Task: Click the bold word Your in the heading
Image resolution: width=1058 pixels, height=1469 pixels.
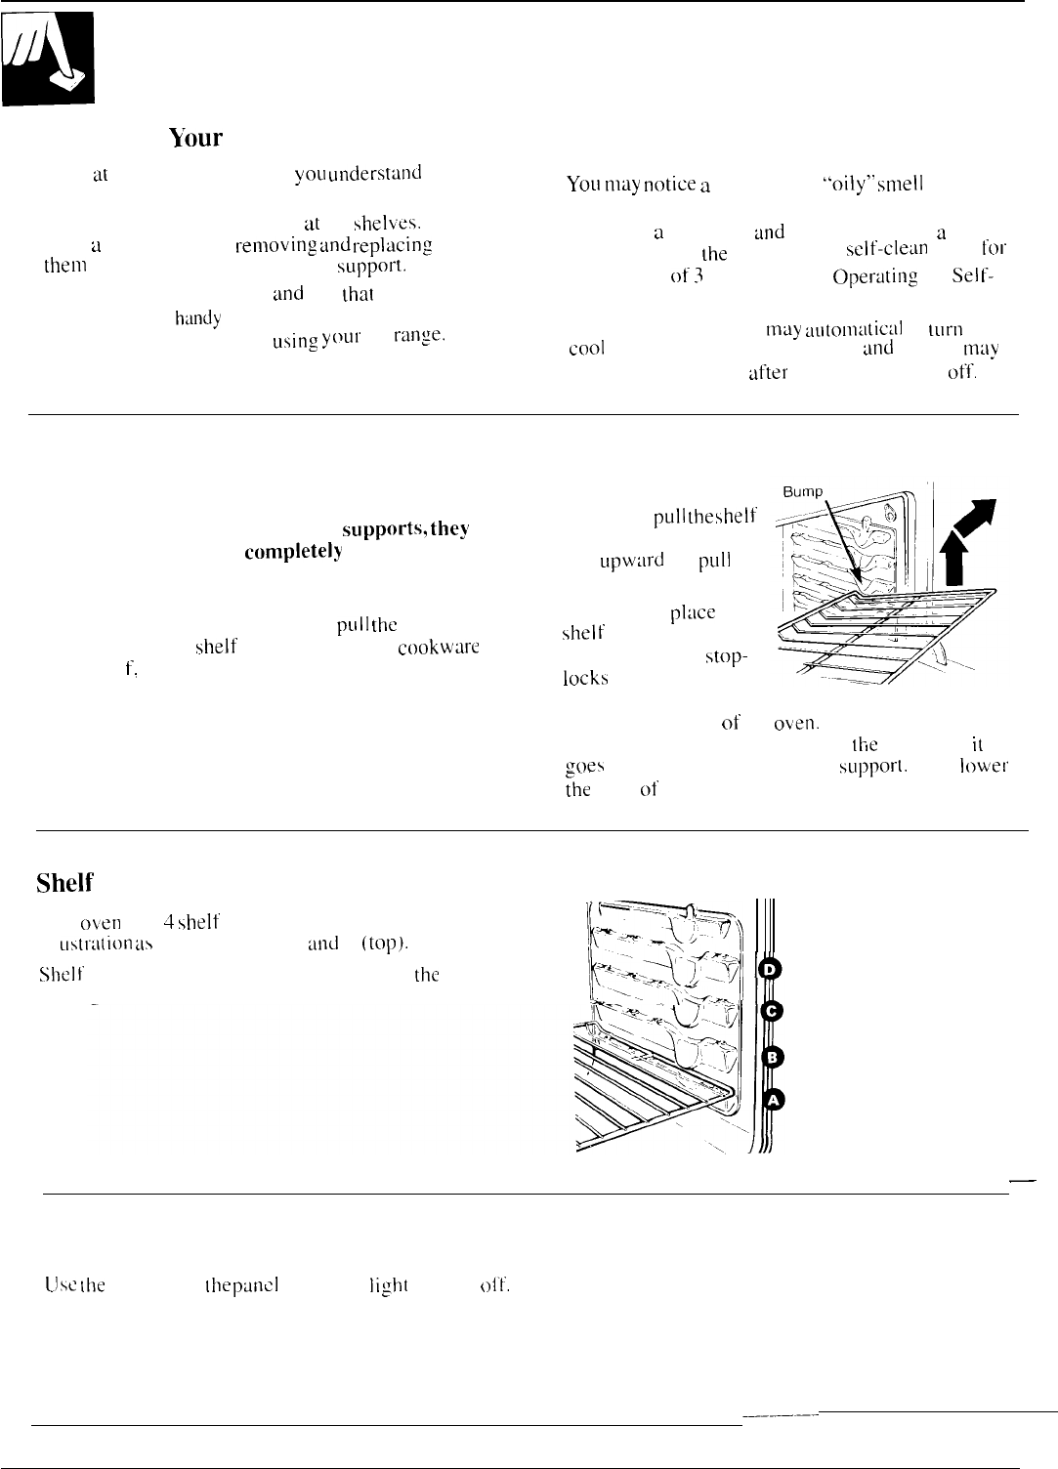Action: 196,139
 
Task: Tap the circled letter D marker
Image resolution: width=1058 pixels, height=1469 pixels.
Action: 771,967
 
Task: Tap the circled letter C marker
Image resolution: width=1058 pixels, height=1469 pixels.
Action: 771,1011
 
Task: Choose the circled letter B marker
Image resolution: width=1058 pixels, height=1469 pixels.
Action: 772,1056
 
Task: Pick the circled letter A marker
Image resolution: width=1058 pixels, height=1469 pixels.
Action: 773,1100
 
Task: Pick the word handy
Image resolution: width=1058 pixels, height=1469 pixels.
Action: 198,316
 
